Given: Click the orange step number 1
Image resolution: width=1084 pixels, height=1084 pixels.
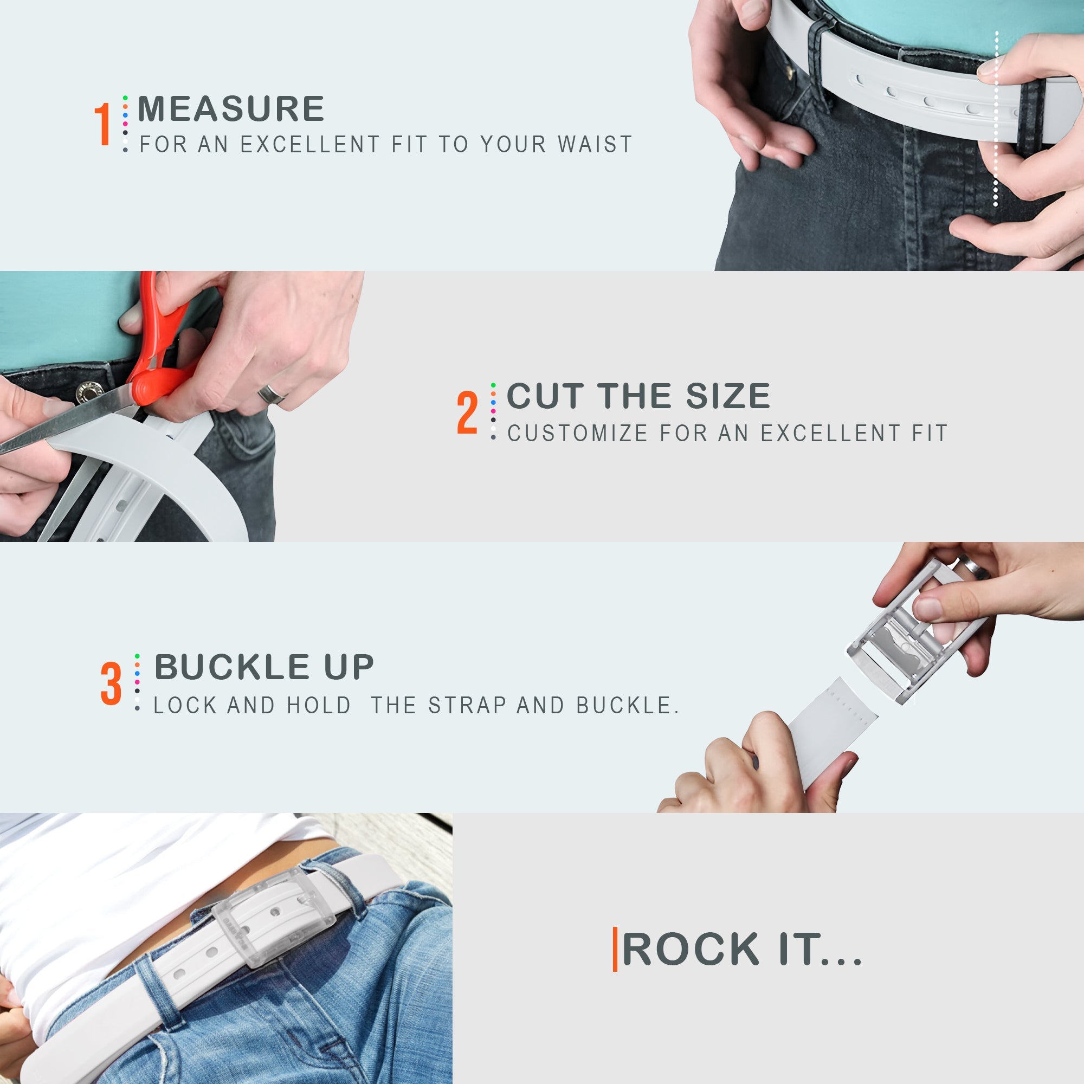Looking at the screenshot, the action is point(102,124).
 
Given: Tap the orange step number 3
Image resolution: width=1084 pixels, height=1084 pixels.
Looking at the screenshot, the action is point(111,684).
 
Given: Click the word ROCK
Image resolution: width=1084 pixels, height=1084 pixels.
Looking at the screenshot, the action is point(690,950).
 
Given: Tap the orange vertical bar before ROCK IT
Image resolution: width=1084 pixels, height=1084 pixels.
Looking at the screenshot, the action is point(615,950).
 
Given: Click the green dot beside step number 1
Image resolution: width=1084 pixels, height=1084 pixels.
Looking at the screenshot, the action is point(125,98).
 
